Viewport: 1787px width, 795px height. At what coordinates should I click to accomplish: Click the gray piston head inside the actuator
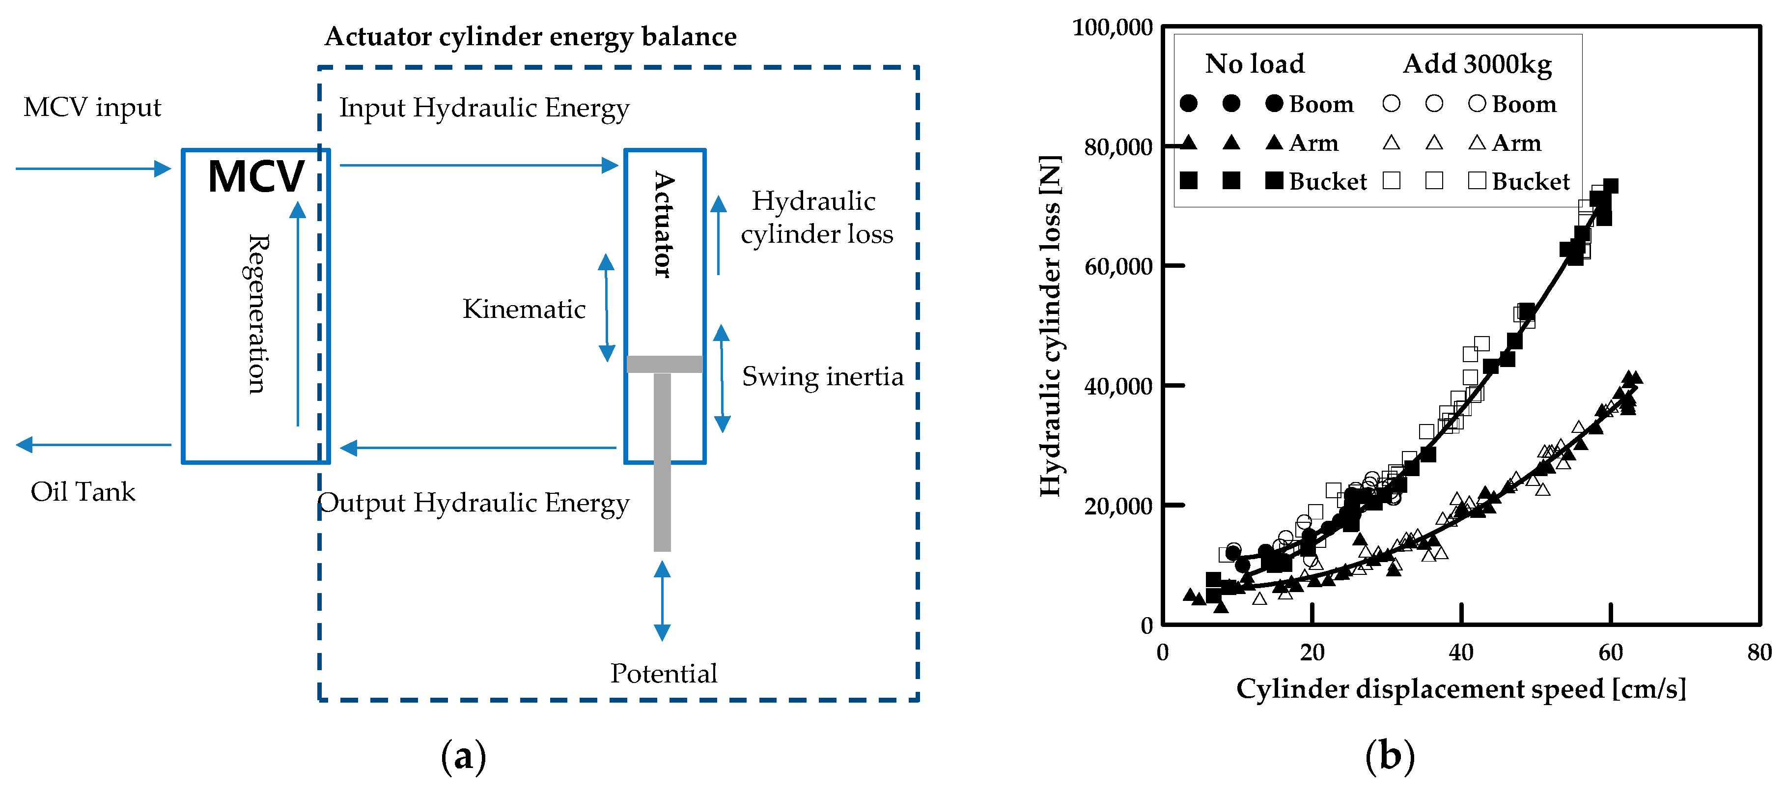coord(665,364)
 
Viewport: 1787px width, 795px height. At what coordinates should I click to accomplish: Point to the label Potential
coord(663,674)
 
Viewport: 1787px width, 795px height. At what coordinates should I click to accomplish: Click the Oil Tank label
coord(83,492)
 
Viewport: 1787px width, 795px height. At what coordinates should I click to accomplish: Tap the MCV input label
coord(92,108)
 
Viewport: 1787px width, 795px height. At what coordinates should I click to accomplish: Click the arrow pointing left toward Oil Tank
coord(94,445)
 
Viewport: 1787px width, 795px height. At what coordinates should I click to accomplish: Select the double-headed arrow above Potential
coord(663,601)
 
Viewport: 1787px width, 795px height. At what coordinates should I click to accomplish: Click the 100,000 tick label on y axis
coord(1112,28)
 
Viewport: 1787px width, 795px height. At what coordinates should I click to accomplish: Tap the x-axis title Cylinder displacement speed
coord(1460,689)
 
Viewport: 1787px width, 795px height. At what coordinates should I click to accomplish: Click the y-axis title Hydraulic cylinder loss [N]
coord(1050,326)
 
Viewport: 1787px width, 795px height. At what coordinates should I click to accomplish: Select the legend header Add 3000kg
coord(1477,64)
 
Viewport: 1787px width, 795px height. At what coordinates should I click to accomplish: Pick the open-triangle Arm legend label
coord(1516,143)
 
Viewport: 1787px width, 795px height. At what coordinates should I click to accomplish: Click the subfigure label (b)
coord(1390,756)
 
